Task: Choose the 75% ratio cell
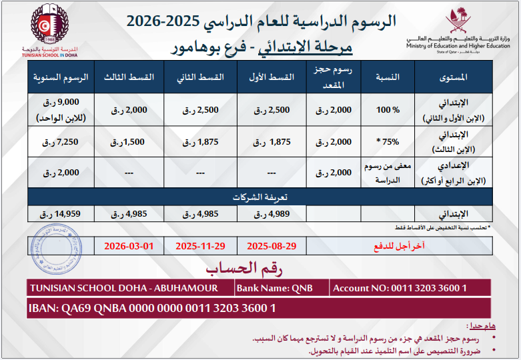(x=386, y=142)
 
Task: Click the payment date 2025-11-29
(x=200, y=246)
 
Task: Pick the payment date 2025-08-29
(x=272, y=246)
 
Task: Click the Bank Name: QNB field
(x=274, y=288)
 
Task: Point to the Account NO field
(x=400, y=288)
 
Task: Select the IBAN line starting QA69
(x=153, y=309)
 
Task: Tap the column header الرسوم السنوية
(x=61, y=77)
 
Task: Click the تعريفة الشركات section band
(x=260, y=198)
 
